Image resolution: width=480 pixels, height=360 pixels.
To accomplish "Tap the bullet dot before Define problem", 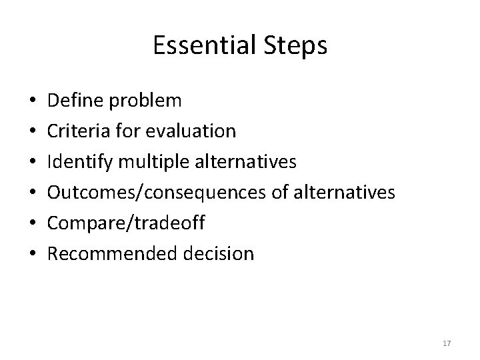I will pos(33,101).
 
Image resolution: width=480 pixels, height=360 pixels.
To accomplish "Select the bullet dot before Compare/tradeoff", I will pos(33,224).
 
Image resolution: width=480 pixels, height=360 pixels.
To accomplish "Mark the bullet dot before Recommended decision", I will pos(33,255).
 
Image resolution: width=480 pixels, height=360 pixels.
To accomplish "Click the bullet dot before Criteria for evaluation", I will pos(33,132).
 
